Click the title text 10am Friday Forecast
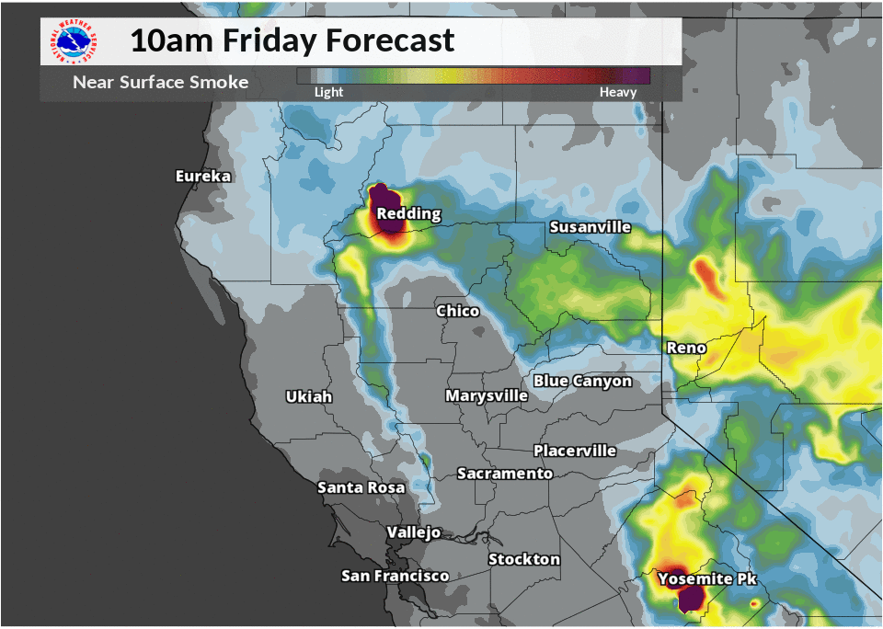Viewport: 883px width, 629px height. pos(292,40)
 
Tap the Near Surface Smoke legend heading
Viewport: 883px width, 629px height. pos(160,83)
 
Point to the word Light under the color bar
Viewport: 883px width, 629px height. pos(328,92)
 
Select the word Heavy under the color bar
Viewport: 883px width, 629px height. pos(617,92)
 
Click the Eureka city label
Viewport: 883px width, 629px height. pos(203,176)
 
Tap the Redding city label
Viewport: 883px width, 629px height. pos(409,214)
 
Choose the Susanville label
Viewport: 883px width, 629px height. pos(590,227)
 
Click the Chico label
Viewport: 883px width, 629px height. pos(457,311)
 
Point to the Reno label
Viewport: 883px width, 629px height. pos(686,348)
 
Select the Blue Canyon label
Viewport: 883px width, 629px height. pos(582,381)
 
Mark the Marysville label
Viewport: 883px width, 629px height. pos(487,395)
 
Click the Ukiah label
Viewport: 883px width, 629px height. pos(308,396)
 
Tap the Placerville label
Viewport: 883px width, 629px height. pos(575,451)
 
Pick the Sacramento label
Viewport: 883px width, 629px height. pos(505,474)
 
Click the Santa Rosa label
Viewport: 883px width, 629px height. pos(361,487)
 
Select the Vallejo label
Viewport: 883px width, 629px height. pos(414,532)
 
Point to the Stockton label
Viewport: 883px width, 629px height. pos(523,559)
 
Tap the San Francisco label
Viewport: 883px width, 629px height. pos(395,576)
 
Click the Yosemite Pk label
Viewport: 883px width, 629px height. pos(706,579)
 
